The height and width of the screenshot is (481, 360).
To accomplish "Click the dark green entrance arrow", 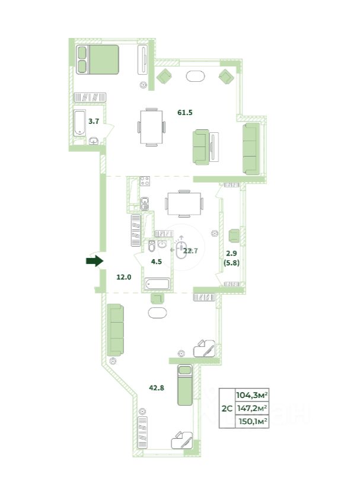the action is click(94, 261).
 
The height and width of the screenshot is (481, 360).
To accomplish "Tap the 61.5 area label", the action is click(185, 113).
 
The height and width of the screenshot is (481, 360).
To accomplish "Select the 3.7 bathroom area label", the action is click(94, 121).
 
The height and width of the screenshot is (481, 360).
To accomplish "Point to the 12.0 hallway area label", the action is click(124, 277).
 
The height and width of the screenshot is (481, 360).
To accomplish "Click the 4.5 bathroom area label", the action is click(157, 262).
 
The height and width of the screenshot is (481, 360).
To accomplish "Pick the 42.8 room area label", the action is click(157, 388).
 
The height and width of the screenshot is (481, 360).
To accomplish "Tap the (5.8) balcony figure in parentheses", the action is click(231, 263).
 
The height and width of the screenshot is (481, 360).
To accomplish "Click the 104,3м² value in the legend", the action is click(252, 395).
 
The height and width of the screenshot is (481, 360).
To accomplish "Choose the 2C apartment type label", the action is click(227, 409).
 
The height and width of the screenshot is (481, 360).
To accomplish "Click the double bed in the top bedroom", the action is click(97, 60).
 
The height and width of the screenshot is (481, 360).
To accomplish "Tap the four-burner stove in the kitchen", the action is click(145, 181).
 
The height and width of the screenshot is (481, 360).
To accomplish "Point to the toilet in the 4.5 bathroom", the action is click(151, 246).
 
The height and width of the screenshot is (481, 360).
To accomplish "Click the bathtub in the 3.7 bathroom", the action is click(79, 123).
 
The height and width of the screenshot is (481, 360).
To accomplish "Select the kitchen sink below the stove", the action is click(145, 203).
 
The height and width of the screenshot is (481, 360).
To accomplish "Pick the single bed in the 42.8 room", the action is click(185, 386).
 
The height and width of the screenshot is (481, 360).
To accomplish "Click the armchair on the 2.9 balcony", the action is click(234, 235).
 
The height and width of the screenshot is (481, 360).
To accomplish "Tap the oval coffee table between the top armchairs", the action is click(195, 76).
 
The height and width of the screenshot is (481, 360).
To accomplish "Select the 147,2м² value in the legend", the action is click(252, 408).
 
